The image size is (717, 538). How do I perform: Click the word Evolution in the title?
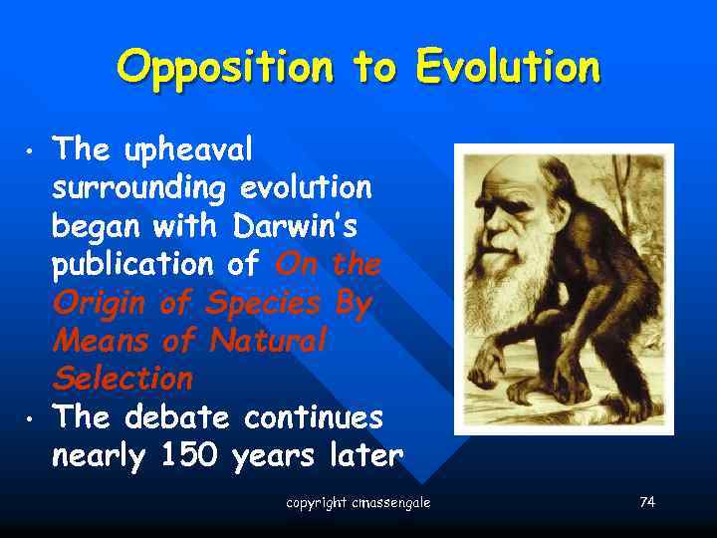(x=508, y=68)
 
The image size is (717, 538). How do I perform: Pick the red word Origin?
(x=101, y=303)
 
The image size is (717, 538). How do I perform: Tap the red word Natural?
(x=268, y=341)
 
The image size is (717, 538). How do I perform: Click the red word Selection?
(x=122, y=379)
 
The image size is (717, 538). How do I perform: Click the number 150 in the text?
(x=188, y=455)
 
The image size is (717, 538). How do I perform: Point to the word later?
(x=365, y=455)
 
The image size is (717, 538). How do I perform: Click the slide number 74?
(x=647, y=502)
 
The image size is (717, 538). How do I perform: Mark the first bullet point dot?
(x=31, y=152)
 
